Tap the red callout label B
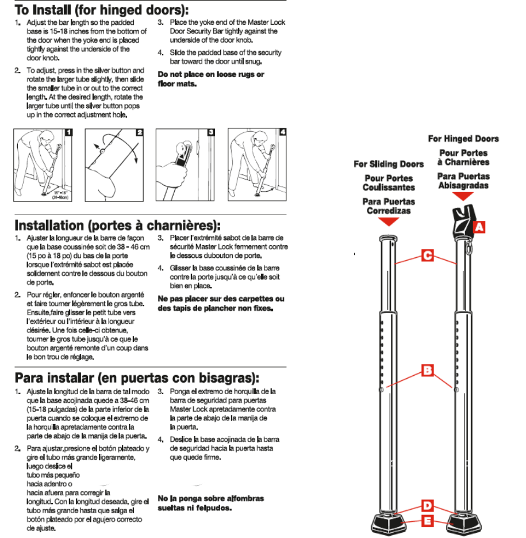pyautogui.click(x=427, y=371)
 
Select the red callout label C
pyautogui.click(x=427, y=255)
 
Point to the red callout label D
pyautogui.click(x=427, y=506)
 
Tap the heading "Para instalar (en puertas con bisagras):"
pyautogui.click(x=137, y=377)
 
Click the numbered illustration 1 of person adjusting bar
pyautogui.click(x=43, y=165)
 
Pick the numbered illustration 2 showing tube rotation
pyautogui.click(x=114, y=165)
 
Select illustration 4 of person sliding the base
pyautogui.click(x=257, y=165)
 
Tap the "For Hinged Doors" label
pyautogui.click(x=463, y=139)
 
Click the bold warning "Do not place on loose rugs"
pyautogui.click(x=211, y=79)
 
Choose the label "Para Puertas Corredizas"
pyautogui.click(x=389, y=206)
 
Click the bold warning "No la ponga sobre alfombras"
pyautogui.click(x=211, y=503)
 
